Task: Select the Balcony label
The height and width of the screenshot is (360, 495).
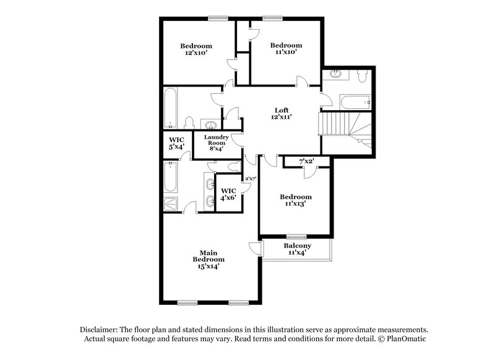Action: [x=297, y=246]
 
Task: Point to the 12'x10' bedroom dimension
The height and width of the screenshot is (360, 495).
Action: [x=196, y=53]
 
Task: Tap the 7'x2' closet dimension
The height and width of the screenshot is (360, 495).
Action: [x=307, y=161]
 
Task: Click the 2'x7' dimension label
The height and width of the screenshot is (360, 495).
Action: [x=251, y=179]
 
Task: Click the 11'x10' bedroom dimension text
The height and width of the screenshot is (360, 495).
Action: [x=286, y=53]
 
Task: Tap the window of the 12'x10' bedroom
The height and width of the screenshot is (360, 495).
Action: [x=218, y=17]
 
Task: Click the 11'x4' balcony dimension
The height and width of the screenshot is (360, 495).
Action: [x=297, y=253]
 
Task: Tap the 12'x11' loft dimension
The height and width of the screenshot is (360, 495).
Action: [x=283, y=117]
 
